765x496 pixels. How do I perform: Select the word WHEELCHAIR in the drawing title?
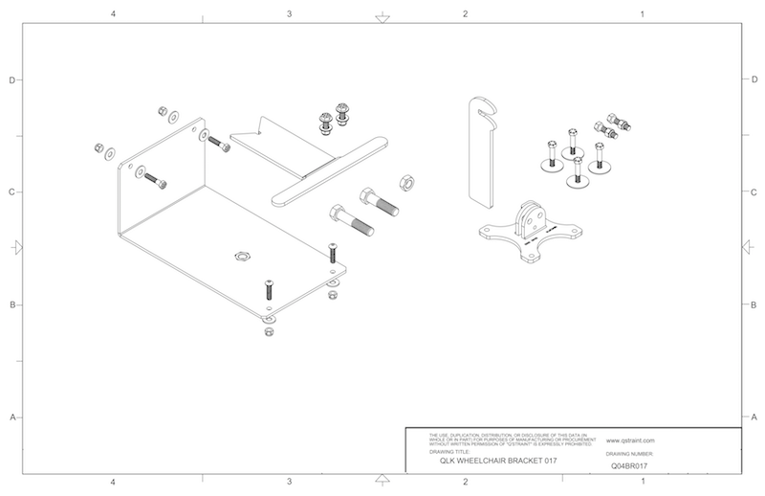coord(491,461)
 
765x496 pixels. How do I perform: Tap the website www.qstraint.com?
coord(630,443)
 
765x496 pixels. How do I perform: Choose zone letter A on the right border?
coord(754,418)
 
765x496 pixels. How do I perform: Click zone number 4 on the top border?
coord(114,14)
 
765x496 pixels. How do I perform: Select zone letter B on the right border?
coord(754,305)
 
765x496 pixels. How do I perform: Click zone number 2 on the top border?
coord(465,14)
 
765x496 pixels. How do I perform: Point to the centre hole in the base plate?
coord(240,256)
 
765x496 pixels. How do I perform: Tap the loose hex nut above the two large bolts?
coord(403,181)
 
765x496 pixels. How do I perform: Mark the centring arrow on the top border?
coord(382,17)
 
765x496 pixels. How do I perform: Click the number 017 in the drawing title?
coord(546,461)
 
